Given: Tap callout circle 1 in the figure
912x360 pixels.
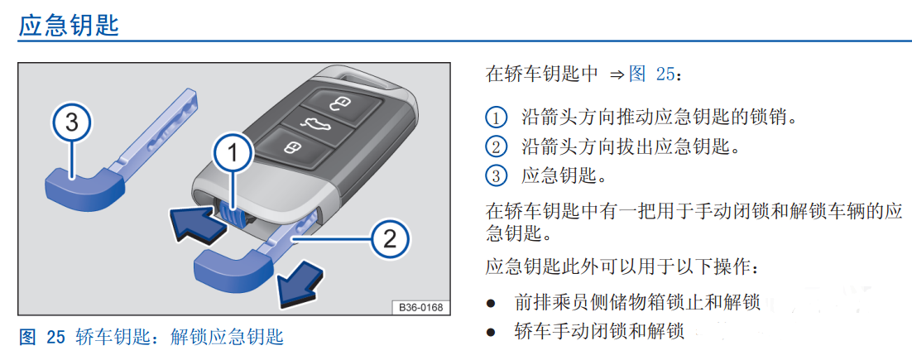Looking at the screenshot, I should (x=233, y=152).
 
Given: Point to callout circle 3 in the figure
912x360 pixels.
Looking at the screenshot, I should (x=71, y=123).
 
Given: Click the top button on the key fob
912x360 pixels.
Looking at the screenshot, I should (x=342, y=103).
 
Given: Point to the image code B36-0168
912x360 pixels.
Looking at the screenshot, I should (x=420, y=307).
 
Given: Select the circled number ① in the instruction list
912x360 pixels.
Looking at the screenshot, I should (x=495, y=118).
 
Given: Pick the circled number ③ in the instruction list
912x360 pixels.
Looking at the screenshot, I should (x=495, y=175).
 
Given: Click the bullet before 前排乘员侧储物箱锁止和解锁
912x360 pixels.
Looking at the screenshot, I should (x=492, y=303).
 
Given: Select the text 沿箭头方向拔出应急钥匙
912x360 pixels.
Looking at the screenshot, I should (x=629, y=147).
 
